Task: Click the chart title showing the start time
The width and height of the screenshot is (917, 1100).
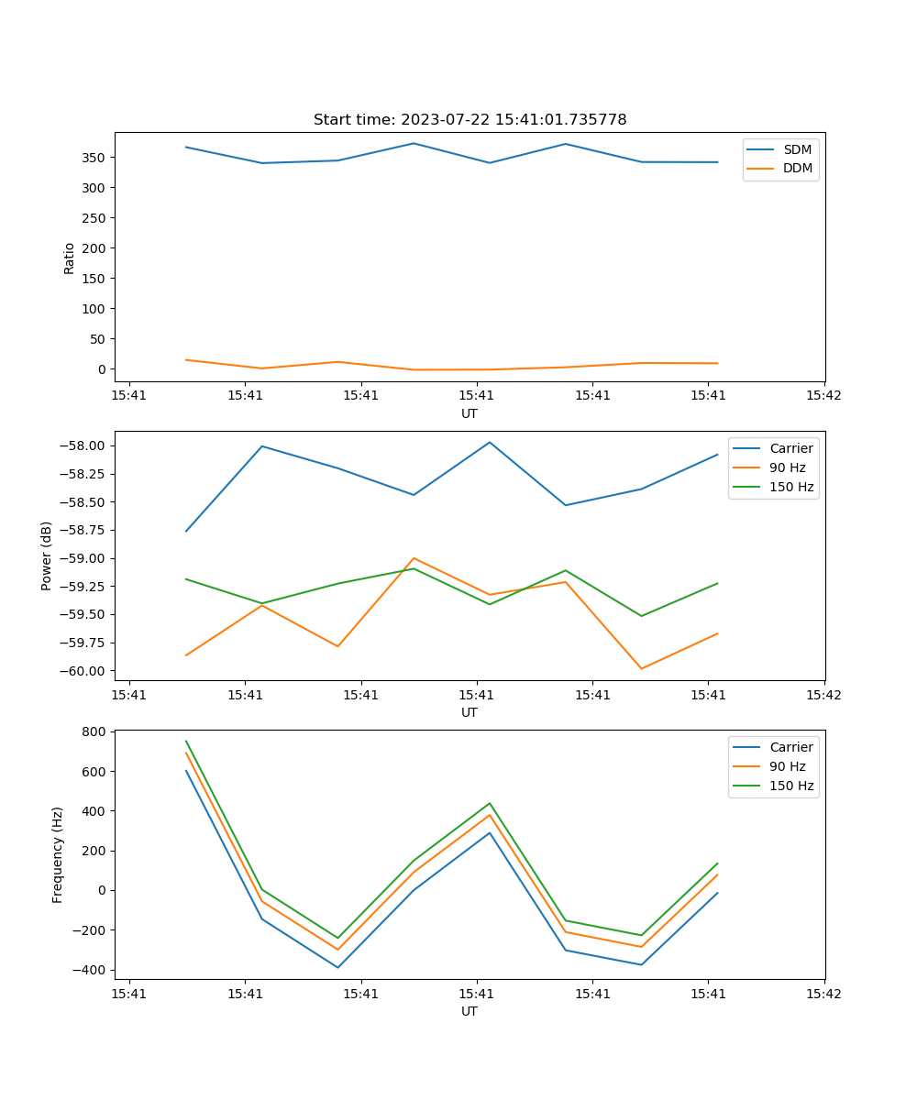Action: pyautogui.click(x=470, y=120)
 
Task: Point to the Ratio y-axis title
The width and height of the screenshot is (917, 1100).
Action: pyautogui.click(x=70, y=258)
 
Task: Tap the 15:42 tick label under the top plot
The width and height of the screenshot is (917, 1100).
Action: pyautogui.click(x=823, y=396)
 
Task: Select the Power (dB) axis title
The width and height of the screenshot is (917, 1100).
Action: pyautogui.click(x=47, y=555)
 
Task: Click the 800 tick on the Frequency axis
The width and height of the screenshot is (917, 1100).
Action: pyautogui.click(x=95, y=732)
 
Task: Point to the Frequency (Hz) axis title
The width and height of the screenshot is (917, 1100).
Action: pyautogui.click(x=58, y=854)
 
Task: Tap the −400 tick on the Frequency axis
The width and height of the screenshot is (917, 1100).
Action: pyautogui.click(x=91, y=970)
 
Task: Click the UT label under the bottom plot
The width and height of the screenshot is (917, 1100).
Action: pyautogui.click(x=470, y=1012)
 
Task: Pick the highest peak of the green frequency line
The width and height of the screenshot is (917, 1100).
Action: pyautogui.click(x=186, y=742)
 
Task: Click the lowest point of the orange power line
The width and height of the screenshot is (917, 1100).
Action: pyautogui.click(x=641, y=668)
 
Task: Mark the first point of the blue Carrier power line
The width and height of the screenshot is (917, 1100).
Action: pyautogui.click(x=186, y=531)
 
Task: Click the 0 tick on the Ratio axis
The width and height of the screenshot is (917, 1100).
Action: pyautogui.click(x=103, y=369)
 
